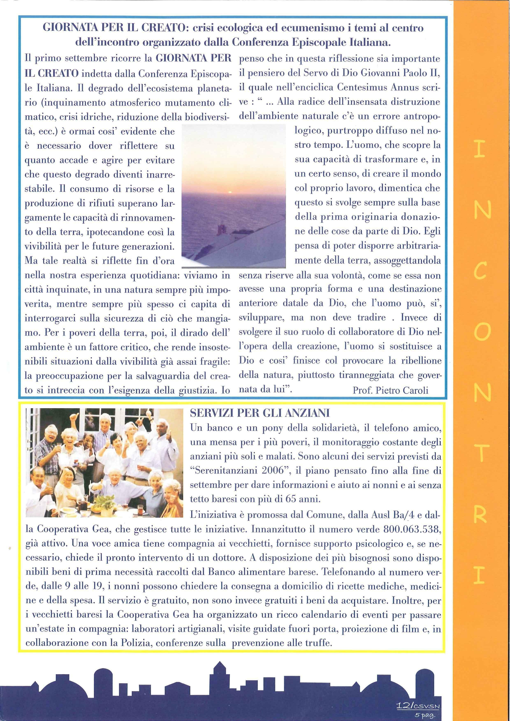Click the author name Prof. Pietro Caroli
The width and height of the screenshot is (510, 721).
click(x=390, y=390)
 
